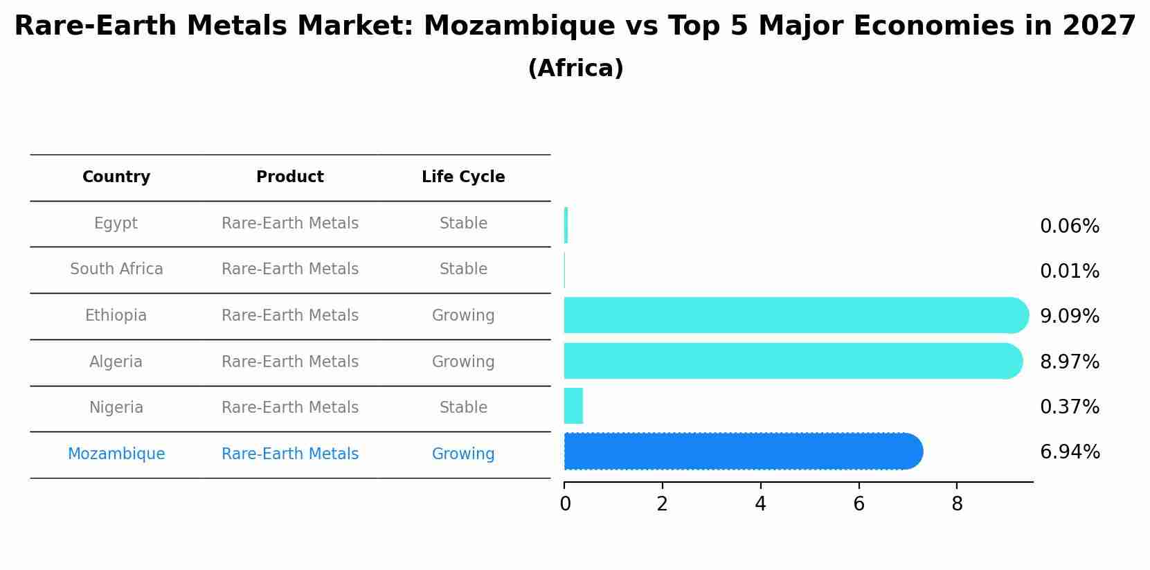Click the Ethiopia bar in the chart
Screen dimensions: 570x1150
tap(796, 316)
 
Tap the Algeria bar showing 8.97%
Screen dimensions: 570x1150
tap(793, 361)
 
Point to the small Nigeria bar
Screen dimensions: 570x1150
tap(573, 406)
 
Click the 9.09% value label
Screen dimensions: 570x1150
tap(1069, 317)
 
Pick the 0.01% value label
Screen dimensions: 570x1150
tap(1069, 271)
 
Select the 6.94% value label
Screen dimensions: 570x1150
tap(1069, 452)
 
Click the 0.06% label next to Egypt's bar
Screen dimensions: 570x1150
tap(1069, 226)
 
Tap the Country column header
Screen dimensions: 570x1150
tap(116, 177)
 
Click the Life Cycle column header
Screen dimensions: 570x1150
tap(463, 177)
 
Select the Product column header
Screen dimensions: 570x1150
tap(289, 177)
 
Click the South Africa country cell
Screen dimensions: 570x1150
tap(116, 269)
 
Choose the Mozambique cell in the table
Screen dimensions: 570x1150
tap(116, 454)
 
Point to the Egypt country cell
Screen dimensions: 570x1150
tap(116, 224)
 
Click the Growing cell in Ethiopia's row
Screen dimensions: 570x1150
tap(463, 316)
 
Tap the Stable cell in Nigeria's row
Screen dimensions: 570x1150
tap(463, 408)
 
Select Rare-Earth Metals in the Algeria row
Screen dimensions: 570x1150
tap(289, 362)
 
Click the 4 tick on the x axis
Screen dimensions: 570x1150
tap(760, 504)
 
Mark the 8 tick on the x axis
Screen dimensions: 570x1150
tap(957, 504)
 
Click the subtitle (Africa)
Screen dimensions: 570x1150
tap(575, 69)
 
